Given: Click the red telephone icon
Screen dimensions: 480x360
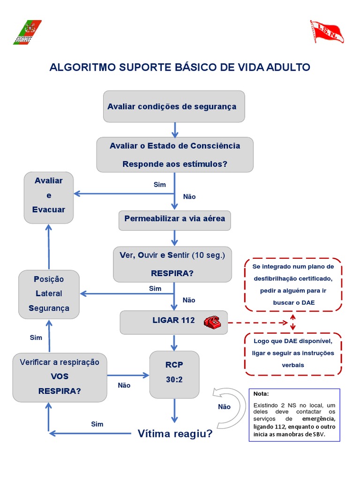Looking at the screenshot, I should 212,322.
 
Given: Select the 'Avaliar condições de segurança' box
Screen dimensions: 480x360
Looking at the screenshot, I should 174,106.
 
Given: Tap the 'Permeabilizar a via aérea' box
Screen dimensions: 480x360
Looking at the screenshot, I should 174,219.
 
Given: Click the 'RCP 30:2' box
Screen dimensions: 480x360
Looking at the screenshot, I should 174,373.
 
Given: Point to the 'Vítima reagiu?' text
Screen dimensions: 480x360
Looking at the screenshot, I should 175,434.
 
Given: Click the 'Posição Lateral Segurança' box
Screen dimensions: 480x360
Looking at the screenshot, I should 49,294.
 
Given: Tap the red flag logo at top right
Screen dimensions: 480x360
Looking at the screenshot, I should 327,31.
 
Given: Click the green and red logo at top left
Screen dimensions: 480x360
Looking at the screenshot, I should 27,32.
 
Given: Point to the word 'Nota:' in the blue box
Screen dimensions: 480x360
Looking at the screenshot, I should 262,394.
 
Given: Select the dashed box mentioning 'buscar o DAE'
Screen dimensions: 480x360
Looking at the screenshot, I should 293,285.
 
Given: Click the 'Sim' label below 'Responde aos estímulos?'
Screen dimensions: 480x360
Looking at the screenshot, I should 160,185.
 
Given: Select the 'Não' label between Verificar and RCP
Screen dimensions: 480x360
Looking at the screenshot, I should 124,385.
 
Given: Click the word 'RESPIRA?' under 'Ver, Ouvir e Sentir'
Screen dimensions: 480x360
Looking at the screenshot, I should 172,273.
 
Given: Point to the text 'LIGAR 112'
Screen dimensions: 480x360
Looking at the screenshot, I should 173,321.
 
